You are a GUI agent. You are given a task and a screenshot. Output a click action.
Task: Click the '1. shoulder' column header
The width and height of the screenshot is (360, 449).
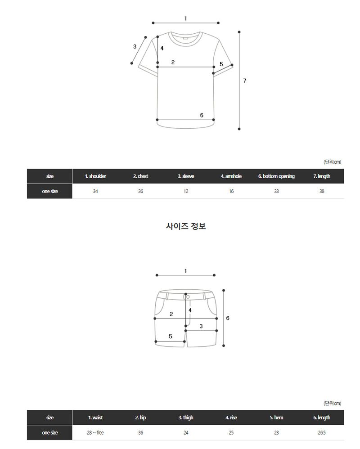[x=95, y=176]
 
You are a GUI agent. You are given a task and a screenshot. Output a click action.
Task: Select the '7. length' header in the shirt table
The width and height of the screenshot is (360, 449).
[x=322, y=176]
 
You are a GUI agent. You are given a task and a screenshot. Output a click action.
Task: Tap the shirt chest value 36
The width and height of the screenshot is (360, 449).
[x=140, y=191]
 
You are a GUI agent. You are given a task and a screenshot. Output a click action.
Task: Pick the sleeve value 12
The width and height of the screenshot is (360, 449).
[x=186, y=191]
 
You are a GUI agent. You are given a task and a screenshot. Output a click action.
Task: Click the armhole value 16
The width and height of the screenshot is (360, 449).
[x=231, y=191]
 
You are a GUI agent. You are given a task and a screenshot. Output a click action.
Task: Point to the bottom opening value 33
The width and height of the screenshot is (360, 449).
[x=276, y=191]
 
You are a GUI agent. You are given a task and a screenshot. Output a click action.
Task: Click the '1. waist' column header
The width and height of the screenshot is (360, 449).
[x=95, y=418]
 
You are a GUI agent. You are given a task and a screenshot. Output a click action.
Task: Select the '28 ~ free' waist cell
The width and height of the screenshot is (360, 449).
[x=95, y=433]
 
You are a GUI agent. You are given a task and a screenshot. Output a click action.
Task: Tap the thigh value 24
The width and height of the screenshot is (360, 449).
[x=186, y=433]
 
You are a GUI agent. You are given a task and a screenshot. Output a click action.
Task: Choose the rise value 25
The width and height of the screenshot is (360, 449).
[x=231, y=433]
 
